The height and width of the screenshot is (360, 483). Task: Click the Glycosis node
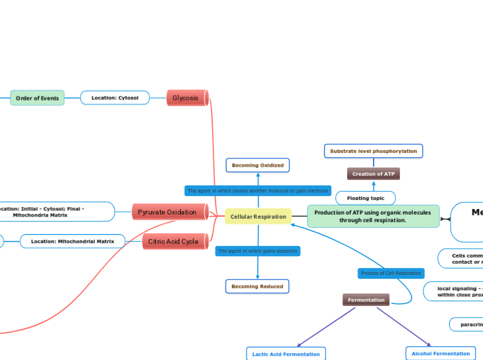coord(186,98)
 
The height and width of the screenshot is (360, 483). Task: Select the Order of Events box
coord(37,98)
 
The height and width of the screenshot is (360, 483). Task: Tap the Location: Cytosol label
coord(115,98)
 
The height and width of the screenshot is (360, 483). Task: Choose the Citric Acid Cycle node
coord(174,242)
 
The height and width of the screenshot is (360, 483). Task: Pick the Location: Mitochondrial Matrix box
coord(73,242)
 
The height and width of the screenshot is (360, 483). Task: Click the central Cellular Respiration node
coord(258,217)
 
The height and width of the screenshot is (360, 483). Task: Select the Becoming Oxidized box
coord(258,165)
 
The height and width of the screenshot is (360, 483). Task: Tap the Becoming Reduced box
coord(257,286)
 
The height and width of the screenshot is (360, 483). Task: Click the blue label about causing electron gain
coord(258,190)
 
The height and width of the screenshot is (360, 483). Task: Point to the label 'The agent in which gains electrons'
coord(258,251)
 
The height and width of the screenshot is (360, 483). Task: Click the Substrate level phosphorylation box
coord(374,151)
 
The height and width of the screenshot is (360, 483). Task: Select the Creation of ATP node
coord(374,174)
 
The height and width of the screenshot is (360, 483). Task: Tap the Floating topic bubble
coord(365,198)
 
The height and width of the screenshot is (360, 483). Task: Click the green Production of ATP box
coord(373,217)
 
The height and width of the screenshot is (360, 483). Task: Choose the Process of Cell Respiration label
coord(391,273)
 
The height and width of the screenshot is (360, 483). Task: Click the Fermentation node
coord(366,300)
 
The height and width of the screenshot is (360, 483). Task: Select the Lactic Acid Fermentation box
coord(286,354)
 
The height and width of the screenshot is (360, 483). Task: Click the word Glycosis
coord(185,98)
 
